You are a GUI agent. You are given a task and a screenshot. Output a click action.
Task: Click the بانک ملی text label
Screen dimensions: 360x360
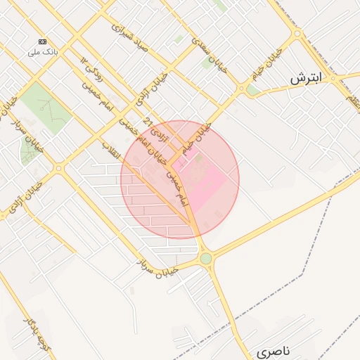(x=43, y=53)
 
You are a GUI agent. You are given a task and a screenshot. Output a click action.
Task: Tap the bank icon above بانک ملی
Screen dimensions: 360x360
(x=44, y=41)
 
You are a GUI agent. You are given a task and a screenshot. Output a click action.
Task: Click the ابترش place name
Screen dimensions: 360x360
(x=305, y=79)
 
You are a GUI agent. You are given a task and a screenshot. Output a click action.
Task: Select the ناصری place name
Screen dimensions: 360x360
(x=273, y=350)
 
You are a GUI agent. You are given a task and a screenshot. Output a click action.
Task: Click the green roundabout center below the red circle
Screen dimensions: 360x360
(x=205, y=258)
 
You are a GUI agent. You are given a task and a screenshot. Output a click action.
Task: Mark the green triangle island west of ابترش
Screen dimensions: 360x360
(x=252, y=91)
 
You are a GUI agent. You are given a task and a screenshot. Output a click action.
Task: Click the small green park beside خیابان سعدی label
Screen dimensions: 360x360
(x=208, y=63)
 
